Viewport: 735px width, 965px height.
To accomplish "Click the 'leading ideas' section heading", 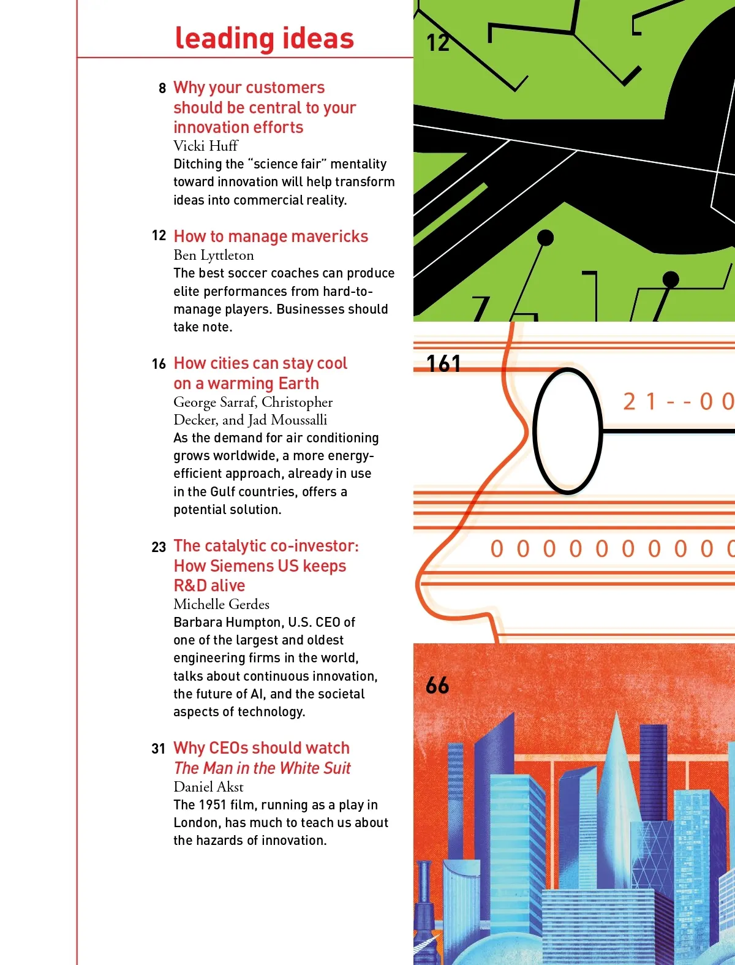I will point(265,38).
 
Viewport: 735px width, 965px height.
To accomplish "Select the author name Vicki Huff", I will point(205,146).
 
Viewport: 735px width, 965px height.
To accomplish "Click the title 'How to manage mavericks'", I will point(271,237).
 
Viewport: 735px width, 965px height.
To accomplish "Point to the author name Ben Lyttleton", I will point(213,255).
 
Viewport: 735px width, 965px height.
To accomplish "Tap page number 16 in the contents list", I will point(159,364).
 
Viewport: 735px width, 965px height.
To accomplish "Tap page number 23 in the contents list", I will point(159,547).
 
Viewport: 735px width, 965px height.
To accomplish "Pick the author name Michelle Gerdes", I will point(221,604).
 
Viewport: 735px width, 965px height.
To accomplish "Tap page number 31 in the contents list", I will point(159,749).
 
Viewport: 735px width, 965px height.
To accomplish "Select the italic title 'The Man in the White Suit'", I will point(262,768).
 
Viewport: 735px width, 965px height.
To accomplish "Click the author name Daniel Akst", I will point(208,787).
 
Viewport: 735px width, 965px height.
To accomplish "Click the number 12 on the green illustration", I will point(437,43).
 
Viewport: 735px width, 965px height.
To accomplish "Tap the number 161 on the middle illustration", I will point(443,364).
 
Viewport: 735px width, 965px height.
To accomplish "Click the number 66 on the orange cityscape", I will point(437,686).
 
